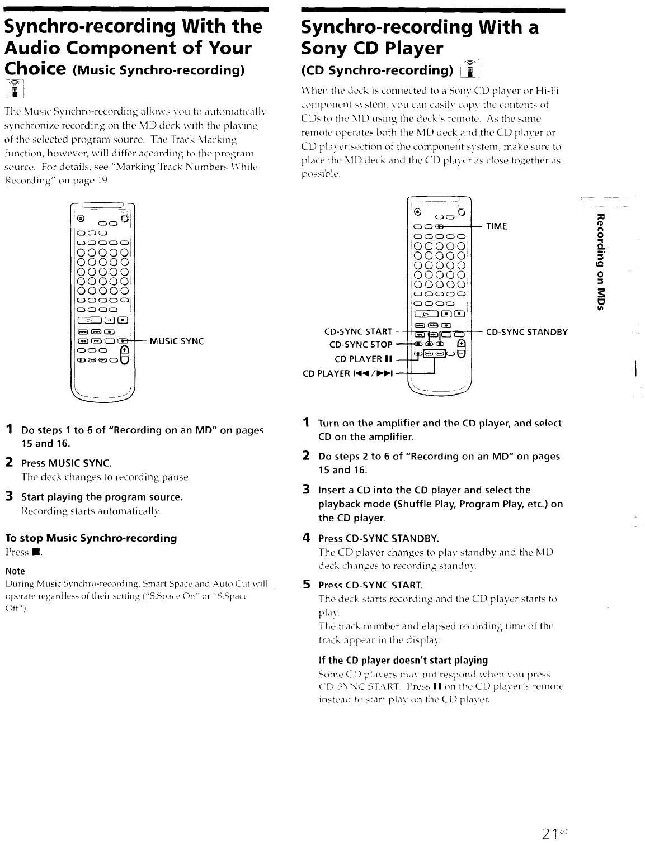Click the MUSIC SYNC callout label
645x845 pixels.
point(176,341)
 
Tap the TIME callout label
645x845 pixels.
point(497,226)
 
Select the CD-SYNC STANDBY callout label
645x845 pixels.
point(527,332)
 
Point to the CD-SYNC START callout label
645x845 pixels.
point(359,332)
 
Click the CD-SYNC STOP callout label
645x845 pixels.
point(361,344)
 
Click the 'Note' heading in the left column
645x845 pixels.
point(15,571)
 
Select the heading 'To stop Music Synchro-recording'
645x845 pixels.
point(91,538)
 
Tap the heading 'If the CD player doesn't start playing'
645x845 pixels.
point(403,660)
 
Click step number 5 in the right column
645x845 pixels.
point(306,585)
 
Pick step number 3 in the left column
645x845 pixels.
point(9,496)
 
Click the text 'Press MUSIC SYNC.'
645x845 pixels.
point(66,463)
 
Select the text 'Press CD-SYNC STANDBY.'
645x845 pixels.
point(378,539)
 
